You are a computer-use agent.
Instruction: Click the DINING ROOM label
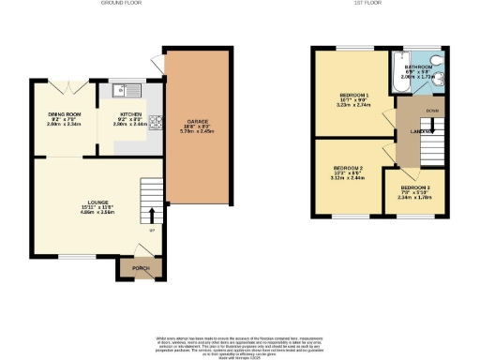[64, 113]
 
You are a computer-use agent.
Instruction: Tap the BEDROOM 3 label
[414, 187]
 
